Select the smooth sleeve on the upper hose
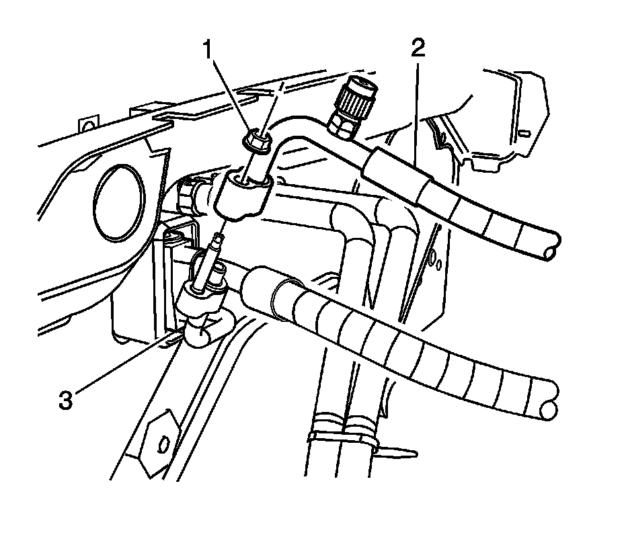pos(393,171)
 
